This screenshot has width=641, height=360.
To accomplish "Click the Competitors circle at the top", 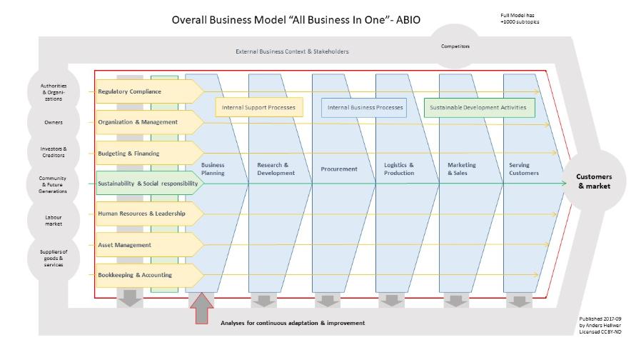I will click(x=455, y=47).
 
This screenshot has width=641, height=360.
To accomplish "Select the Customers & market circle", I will click(x=594, y=181).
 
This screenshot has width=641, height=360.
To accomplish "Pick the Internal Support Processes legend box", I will click(x=259, y=108).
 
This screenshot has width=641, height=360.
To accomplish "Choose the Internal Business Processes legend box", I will click(x=364, y=108).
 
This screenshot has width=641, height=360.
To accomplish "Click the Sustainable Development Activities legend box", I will click(x=478, y=108).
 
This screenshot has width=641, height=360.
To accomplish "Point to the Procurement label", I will click(x=338, y=169).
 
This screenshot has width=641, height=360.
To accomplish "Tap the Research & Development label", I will click(x=275, y=169).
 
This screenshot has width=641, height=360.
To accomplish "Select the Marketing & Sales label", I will click(x=462, y=169).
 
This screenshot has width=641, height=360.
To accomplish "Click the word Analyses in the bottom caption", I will click(x=234, y=323).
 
